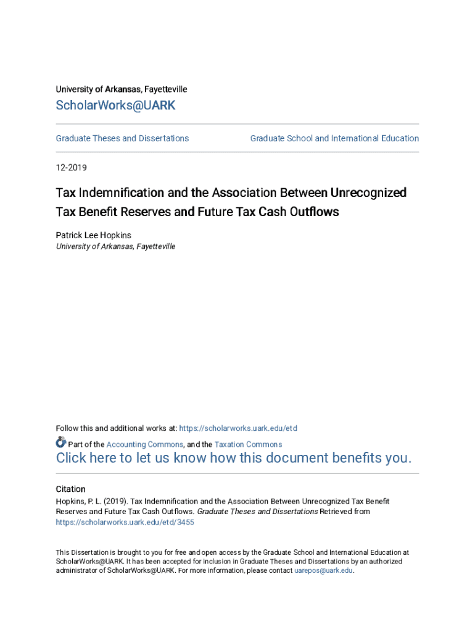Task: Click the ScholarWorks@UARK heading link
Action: click(x=115, y=106)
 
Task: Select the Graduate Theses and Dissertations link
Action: click(x=122, y=138)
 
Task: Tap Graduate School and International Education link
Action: click(x=334, y=138)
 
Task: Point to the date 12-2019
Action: click(x=72, y=167)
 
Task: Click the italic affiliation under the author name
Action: click(x=115, y=246)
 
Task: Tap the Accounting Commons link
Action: click(x=144, y=444)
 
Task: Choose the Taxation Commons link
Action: click(x=248, y=444)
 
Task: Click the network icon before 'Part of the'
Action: click(x=60, y=443)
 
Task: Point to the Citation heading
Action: click(x=70, y=489)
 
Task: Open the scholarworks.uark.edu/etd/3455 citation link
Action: click(x=125, y=522)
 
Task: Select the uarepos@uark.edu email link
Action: click(x=323, y=571)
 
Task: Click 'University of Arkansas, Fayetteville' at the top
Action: click(x=122, y=89)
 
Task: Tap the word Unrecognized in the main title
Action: click(x=368, y=193)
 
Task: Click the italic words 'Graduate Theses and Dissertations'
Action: click(x=257, y=512)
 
